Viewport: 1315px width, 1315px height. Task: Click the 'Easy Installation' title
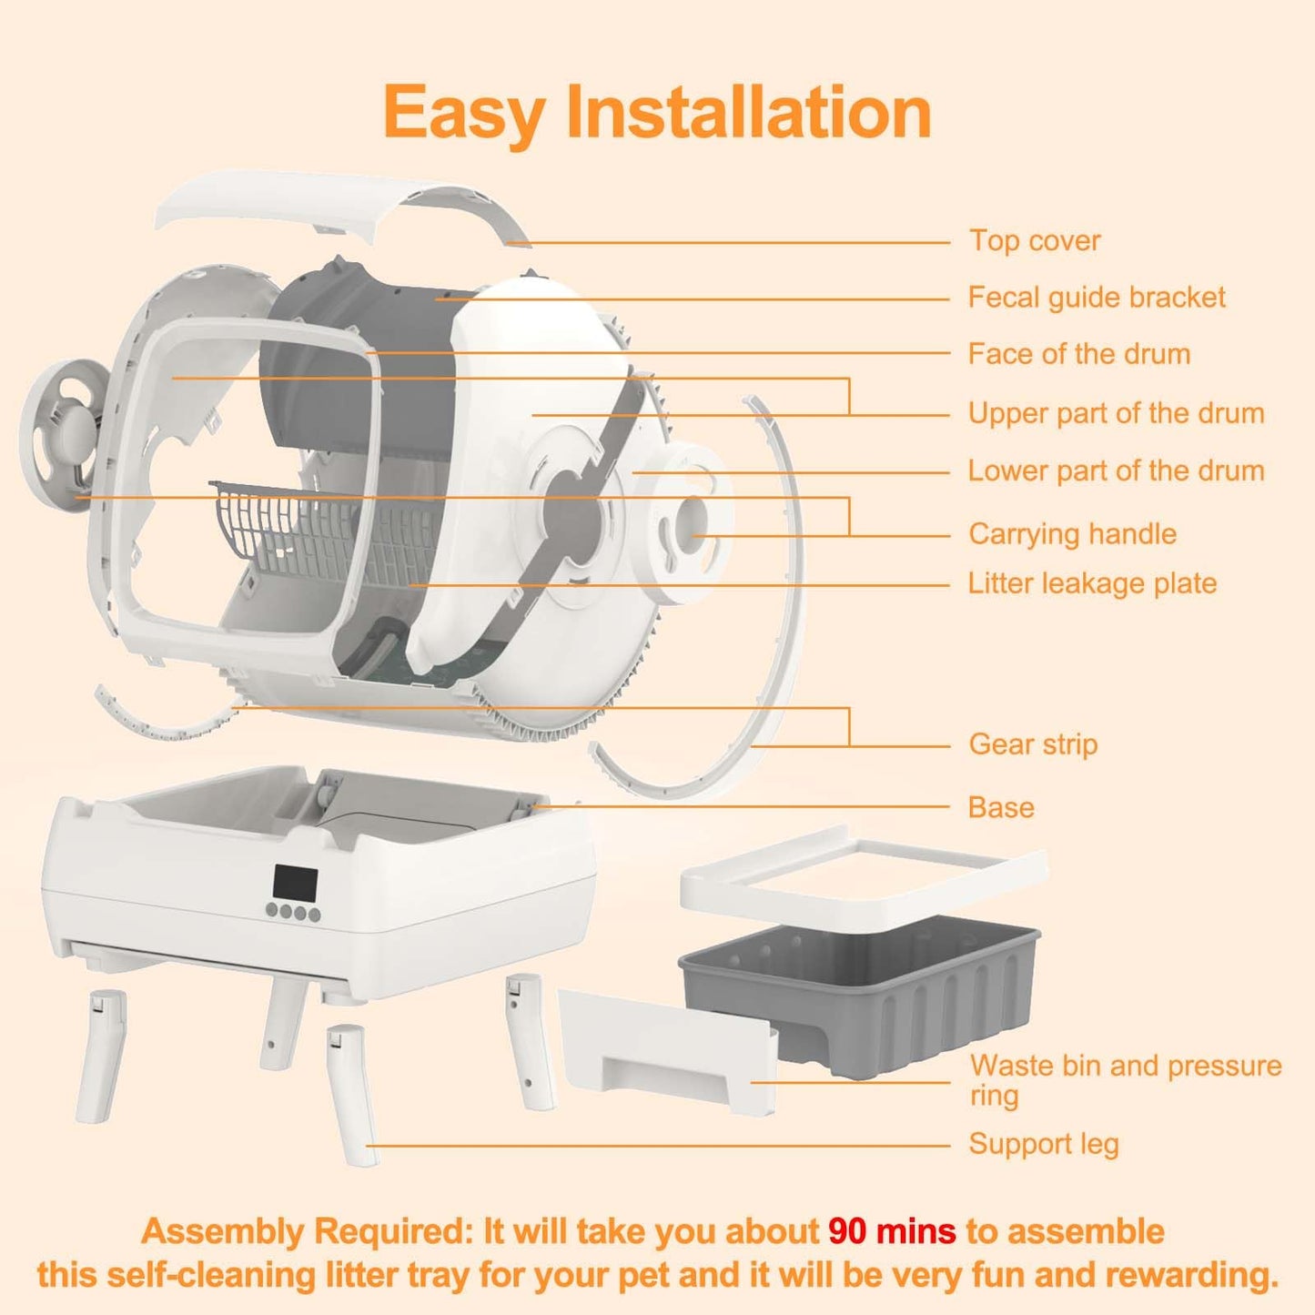(x=657, y=113)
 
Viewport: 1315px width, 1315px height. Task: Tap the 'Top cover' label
(x=1034, y=241)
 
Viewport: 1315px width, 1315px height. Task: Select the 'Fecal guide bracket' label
(x=1096, y=298)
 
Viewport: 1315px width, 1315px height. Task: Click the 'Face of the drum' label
(x=1078, y=354)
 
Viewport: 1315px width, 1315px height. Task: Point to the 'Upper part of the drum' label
(x=1116, y=413)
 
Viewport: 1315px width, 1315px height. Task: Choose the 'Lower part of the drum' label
(x=1116, y=471)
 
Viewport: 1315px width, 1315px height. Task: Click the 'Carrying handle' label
(x=1072, y=534)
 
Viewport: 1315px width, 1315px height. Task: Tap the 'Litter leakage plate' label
(x=1092, y=583)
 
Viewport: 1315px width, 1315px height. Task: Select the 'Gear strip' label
(x=1033, y=744)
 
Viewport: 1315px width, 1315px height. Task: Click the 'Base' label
(x=1001, y=808)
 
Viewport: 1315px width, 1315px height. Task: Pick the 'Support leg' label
(x=1043, y=1144)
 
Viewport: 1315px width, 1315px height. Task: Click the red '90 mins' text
(x=891, y=1231)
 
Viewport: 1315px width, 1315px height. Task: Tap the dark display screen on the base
(x=295, y=883)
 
